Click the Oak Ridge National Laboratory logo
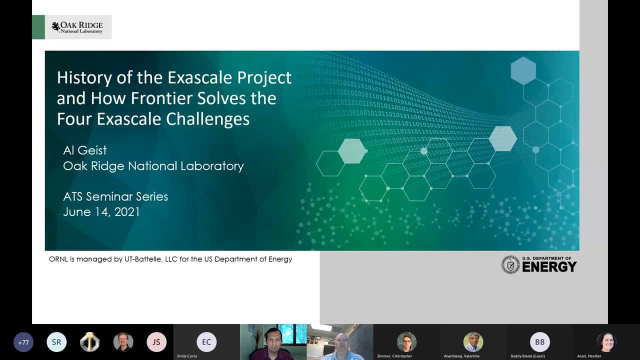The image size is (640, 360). (77, 27)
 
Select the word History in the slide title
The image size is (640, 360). (84, 78)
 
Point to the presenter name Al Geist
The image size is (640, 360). (85, 150)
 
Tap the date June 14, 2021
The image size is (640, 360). (101, 212)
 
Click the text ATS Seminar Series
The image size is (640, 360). (115, 196)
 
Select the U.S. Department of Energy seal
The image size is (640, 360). (510, 264)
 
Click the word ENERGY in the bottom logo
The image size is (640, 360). (549, 267)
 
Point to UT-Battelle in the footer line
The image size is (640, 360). (145, 259)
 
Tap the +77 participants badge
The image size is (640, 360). (23, 342)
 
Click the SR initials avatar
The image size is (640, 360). (56, 342)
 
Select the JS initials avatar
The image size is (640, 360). (156, 342)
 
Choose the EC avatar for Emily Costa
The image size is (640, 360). (206, 342)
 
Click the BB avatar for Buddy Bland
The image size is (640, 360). (539, 342)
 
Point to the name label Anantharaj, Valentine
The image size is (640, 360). (461, 356)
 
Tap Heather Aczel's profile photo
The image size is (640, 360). (606, 342)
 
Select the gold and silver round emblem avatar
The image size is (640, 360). (90, 342)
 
